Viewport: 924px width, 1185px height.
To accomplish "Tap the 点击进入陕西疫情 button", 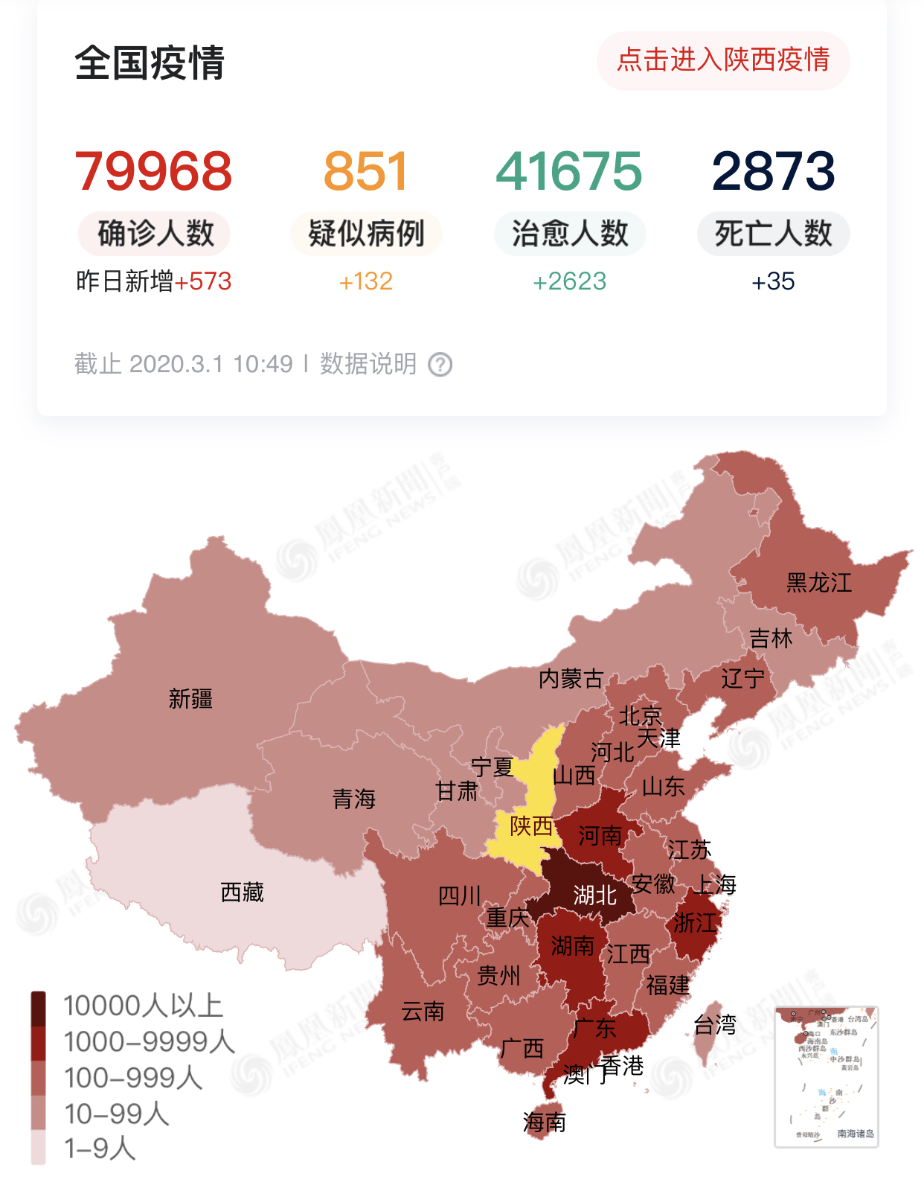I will [x=722, y=60].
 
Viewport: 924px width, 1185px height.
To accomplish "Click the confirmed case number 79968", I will [x=154, y=171].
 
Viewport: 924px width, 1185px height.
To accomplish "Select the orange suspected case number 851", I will [x=366, y=171].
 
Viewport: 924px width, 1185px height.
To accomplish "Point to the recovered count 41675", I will [x=569, y=171].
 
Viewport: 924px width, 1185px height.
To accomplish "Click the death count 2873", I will [x=773, y=171].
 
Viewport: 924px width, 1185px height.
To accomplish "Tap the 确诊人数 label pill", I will [x=155, y=234].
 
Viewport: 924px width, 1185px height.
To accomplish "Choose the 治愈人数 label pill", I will [x=570, y=234].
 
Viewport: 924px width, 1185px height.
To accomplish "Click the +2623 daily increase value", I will [x=570, y=281].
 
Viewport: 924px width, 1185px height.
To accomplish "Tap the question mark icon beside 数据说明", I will [x=440, y=365].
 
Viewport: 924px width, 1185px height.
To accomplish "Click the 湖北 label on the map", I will [x=594, y=895].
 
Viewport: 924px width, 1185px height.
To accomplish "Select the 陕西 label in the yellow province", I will [x=531, y=826].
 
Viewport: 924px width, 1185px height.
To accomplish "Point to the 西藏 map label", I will [x=243, y=892].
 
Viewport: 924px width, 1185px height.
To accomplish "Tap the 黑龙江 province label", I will [x=819, y=583].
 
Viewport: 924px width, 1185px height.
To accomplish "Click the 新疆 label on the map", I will [x=190, y=699].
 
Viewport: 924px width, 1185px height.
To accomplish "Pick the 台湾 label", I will [x=714, y=1025].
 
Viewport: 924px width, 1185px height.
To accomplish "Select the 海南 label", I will [x=544, y=1122].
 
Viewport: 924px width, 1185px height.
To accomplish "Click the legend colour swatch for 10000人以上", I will [x=39, y=1008].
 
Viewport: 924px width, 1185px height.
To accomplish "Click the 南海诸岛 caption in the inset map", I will [x=855, y=1134].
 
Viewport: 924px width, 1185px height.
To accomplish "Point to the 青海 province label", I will [x=354, y=799].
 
